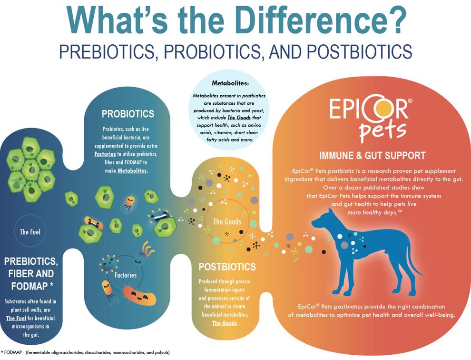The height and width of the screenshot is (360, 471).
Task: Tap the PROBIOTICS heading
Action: coord(128,114)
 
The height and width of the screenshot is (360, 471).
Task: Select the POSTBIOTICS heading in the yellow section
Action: coord(227,267)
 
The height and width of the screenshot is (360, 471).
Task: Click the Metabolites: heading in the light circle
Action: coord(230,83)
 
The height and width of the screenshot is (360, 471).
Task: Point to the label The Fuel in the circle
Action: coord(30,232)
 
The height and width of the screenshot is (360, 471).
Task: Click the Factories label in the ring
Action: coord(126,275)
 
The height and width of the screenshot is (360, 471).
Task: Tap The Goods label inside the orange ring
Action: coord(227,222)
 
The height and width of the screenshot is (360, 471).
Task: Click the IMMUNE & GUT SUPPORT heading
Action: coord(373,156)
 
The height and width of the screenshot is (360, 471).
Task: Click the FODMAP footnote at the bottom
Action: coord(86,352)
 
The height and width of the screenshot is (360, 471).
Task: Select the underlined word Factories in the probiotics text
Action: coord(105,154)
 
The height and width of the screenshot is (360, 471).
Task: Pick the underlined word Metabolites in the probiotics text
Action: coord(132,171)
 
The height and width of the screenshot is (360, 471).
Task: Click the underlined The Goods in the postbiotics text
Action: coord(225,323)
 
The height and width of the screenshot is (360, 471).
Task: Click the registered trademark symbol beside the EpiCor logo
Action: coord(410,101)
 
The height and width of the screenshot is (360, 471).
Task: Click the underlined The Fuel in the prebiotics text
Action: coord(16,318)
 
